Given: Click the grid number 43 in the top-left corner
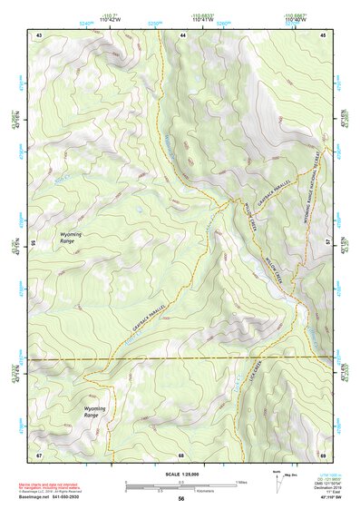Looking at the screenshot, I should [x=39, y=34].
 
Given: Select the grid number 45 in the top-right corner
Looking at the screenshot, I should [x=324, y=34].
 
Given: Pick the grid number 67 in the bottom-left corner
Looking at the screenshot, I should [x=39, y=454].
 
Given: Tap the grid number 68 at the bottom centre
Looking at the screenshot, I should [x=181, y=454].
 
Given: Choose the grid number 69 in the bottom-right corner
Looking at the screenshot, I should [x=324, y=454].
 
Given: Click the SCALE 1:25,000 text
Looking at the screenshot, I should [x=181, y=474].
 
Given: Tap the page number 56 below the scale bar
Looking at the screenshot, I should [x=181, y=500].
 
